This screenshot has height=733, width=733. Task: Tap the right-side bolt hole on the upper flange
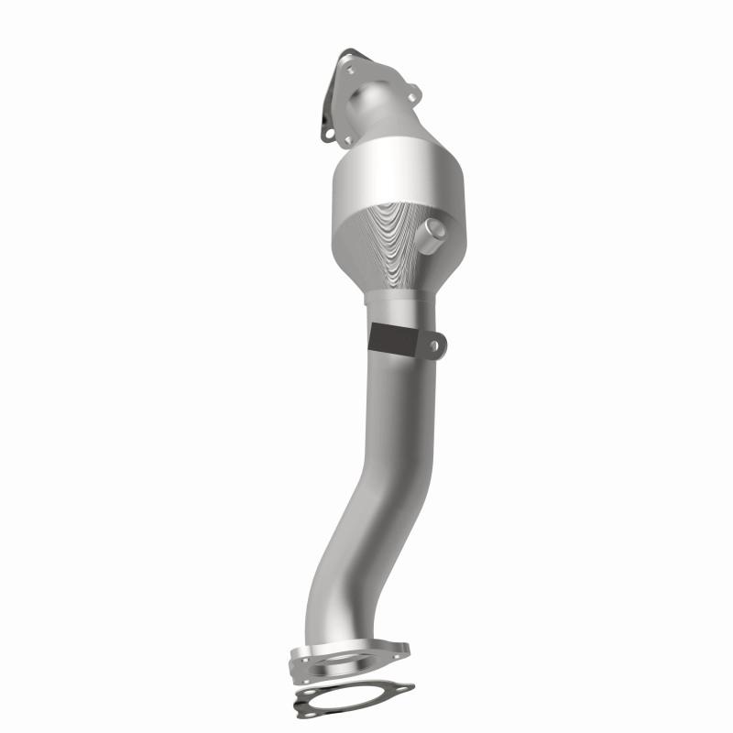coord(414,93)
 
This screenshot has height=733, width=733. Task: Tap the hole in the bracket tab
coord(438,345)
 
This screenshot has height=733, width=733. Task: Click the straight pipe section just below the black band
coord(393,394)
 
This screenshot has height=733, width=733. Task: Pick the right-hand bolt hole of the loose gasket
coord(403,686)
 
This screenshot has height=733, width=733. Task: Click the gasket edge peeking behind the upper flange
coord(325,136)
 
